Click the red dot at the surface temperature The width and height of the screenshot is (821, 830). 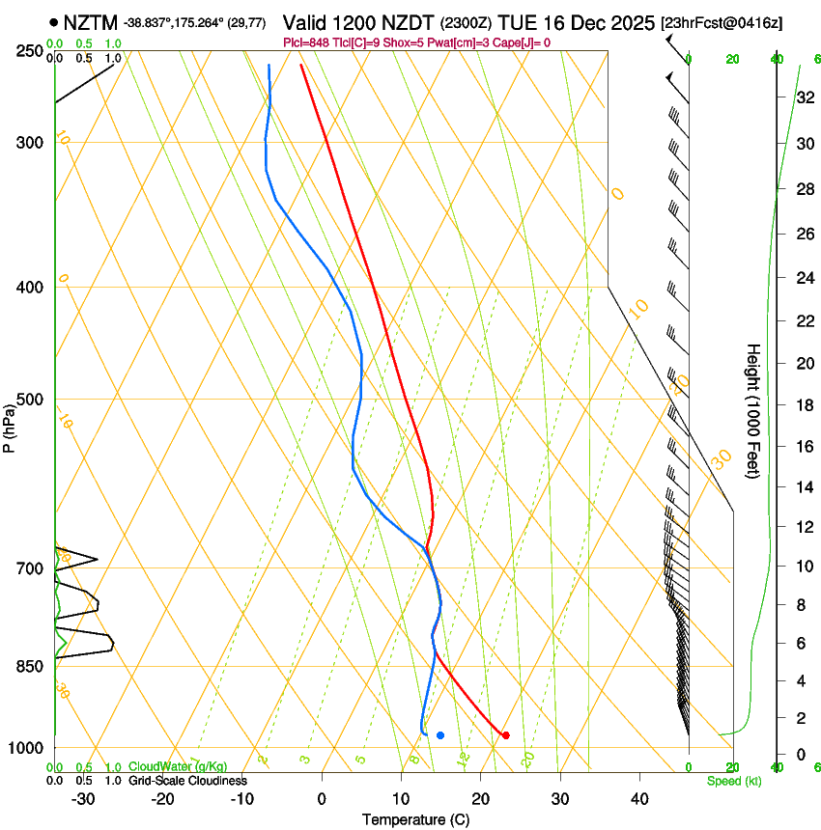505,735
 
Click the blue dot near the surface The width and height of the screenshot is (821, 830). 439,735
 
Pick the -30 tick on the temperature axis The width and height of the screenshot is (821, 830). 83,798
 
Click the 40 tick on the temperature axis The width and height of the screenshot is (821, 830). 638,798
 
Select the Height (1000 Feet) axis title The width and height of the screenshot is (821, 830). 753,410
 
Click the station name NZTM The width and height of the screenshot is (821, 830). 89,22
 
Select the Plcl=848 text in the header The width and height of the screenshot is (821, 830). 308,42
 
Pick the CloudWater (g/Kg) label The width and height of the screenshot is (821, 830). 178,767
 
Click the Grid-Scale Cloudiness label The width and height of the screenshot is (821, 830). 186,780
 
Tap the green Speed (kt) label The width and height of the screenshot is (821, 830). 733,780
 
